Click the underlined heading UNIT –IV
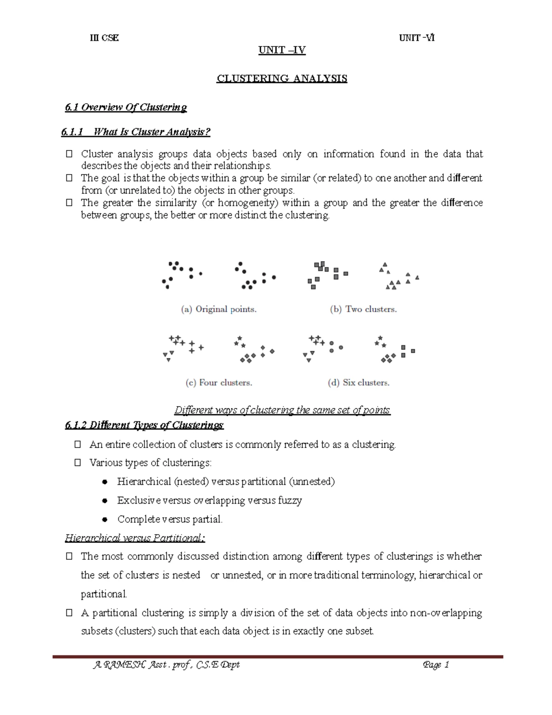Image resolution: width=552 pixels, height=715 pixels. [282, 50]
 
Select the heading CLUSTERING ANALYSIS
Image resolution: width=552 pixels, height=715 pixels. [282, 78]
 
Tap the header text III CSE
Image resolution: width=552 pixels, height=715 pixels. [104, 38]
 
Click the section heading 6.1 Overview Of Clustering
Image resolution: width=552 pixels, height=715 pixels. [126, 107]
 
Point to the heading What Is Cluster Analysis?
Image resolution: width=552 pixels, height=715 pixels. [151, 132]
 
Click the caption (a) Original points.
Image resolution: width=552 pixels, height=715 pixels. [218, 309]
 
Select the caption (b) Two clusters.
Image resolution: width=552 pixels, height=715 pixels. [363, 309]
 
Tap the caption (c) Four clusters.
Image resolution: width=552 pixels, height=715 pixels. [219, 383]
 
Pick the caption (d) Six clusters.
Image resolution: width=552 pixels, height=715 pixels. [359, 383]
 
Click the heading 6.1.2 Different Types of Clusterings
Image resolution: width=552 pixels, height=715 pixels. [144, 425]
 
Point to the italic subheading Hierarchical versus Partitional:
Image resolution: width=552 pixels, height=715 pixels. [135, 538]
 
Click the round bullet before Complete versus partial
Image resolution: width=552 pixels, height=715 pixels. [105, 519]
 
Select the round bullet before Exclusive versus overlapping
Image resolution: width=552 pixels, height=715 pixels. [105, 500]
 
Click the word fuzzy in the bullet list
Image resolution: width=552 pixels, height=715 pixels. [290, 500]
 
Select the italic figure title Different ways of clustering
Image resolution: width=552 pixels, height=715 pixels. [282, 410]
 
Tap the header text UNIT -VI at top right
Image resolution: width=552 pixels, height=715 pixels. [417, 38]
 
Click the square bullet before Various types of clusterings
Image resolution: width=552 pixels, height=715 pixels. [78, 463]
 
